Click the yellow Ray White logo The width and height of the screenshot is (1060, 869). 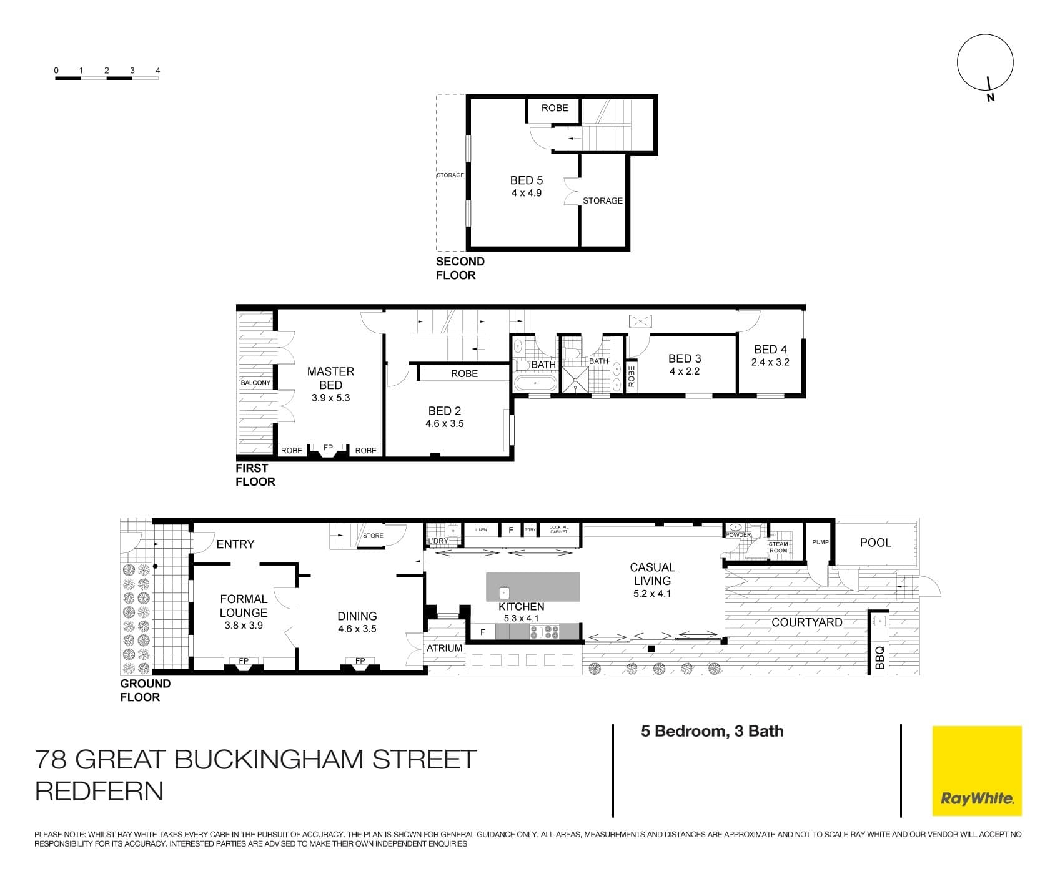tap(977, 770)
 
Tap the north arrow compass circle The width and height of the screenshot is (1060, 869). tap(985, 62)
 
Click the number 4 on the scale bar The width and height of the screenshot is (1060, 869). tap(157, 71)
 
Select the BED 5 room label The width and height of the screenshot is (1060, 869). tap(527, 180)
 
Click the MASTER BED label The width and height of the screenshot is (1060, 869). tap(330, 378)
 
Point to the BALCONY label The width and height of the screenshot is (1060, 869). tap(255, 383)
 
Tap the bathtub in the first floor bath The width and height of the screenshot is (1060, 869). tap(535, 383)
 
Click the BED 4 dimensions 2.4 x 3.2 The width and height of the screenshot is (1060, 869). tap(770, 362)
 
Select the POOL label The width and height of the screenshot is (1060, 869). tap(875, 543)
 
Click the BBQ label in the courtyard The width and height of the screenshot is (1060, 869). tap(879, 658)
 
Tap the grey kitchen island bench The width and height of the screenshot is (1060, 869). tap(533, 587)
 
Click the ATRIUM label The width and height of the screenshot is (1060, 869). tap(445, 648)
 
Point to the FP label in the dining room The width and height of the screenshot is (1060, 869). tap(360, 660)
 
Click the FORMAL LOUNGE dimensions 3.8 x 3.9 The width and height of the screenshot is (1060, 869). tap(244, 625)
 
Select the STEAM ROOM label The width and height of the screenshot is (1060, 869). tap(778, 547)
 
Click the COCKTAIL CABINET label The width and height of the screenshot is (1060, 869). tap(558, 529)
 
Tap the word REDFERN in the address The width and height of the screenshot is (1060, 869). tap(99, 791)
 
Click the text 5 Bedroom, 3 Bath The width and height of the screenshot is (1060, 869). tap(712, 731)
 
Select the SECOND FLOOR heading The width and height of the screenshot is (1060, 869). tap(460, 268)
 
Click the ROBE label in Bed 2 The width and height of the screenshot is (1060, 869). tap(464, 373)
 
